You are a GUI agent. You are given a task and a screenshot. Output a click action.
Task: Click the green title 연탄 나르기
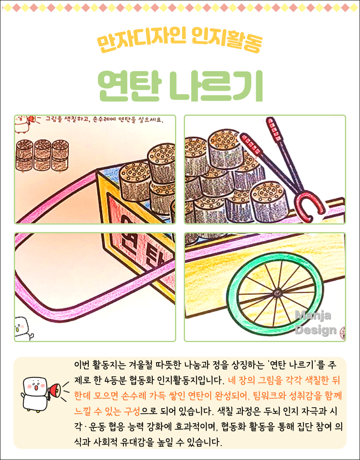click(x=180, y=85)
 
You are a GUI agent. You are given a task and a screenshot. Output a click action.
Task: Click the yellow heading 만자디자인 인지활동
click(x=180, y=41)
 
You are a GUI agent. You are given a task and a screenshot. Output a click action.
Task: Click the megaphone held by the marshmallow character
click(x=55, y=391)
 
